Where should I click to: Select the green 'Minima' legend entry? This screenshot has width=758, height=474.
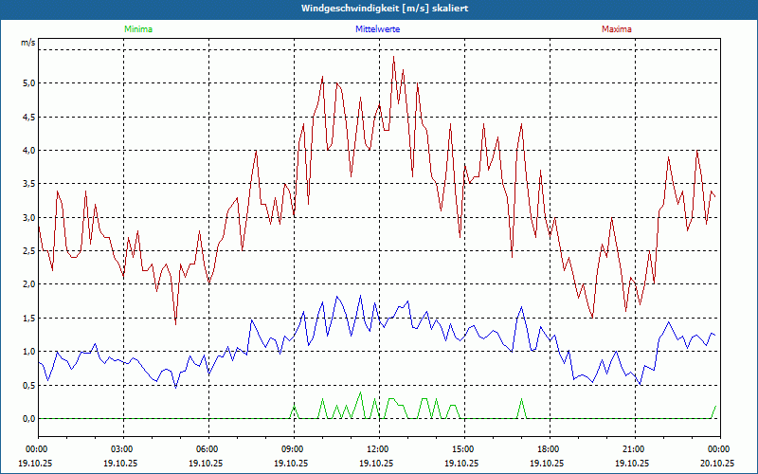point(137,29)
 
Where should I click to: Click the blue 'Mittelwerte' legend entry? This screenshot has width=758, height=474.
point(377,29)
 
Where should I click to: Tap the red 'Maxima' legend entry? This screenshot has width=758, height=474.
point(617,29)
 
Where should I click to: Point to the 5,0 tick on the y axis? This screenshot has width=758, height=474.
point(28,83)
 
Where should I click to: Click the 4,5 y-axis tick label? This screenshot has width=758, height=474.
point(28,117)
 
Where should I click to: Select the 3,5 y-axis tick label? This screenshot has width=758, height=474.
point(28,184)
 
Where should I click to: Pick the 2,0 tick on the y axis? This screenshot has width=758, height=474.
point(28,284)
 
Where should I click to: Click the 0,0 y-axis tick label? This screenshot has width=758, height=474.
point(28,418)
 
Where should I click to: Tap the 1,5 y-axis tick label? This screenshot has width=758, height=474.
point(28,318)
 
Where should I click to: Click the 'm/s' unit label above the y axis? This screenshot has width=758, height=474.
point(28,44)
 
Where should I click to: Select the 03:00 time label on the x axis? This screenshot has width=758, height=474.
point(122,448)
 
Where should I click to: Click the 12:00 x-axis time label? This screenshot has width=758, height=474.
point(377,448)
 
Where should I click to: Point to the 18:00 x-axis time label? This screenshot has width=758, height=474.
point(548,448)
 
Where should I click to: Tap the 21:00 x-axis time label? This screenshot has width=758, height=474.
point(633,448)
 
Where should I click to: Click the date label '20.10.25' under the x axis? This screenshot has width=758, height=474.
point(717,464)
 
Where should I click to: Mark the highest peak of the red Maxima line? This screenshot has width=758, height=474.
point(393,57)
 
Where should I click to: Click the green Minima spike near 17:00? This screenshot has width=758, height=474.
point(521,399)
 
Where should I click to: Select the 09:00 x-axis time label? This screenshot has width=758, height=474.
point(292,448)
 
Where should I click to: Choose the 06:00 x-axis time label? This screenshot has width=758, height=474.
point(207,448)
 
